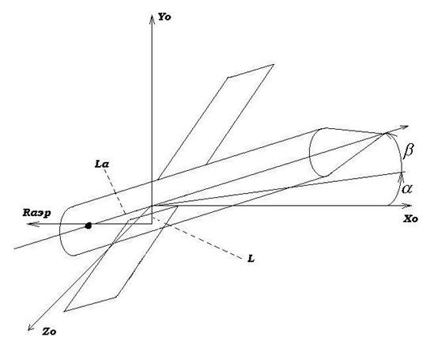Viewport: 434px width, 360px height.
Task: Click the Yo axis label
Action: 164,17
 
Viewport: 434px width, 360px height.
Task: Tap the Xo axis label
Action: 410,219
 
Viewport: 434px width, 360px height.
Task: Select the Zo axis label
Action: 49,332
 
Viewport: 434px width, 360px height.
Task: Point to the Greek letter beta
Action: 409,151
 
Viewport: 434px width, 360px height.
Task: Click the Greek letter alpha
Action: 407,188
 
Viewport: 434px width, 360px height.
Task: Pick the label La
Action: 102,165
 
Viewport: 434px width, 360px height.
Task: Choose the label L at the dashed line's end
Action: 251,259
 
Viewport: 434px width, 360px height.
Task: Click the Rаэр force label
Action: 37,213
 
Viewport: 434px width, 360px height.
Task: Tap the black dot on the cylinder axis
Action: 89,225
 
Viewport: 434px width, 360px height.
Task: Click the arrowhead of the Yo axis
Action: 152,19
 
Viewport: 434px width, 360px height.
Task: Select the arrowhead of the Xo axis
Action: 408,206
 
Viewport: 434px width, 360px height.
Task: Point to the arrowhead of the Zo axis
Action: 31,327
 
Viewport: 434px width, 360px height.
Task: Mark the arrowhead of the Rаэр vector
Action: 32,224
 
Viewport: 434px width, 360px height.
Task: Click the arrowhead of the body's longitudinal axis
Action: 404,127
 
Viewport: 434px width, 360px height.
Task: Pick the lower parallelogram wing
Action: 121,260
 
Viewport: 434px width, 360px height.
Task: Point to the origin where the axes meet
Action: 152,206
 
